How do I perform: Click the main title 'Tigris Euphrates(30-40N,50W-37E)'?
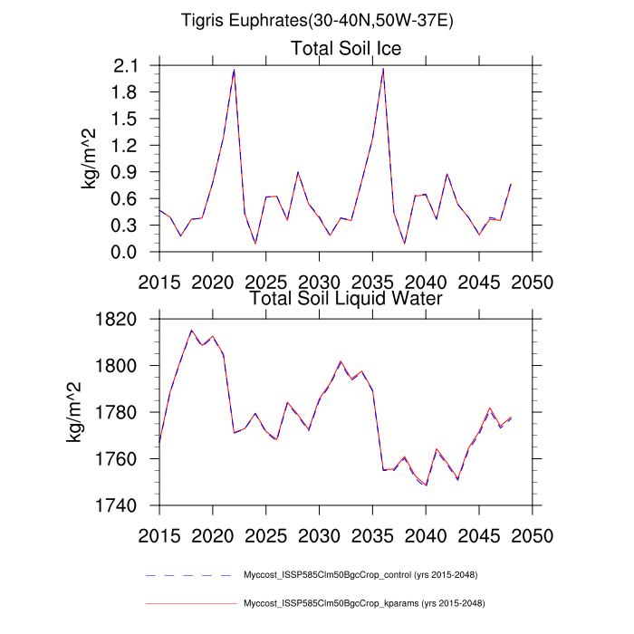317,19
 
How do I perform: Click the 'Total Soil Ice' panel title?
345,48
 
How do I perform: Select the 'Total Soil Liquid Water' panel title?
345,298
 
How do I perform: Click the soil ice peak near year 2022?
234,69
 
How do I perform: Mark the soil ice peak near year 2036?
383,69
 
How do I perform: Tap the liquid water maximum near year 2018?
191,331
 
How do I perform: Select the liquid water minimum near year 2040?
426,485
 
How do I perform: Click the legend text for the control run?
360,575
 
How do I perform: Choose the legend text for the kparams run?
361,602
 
